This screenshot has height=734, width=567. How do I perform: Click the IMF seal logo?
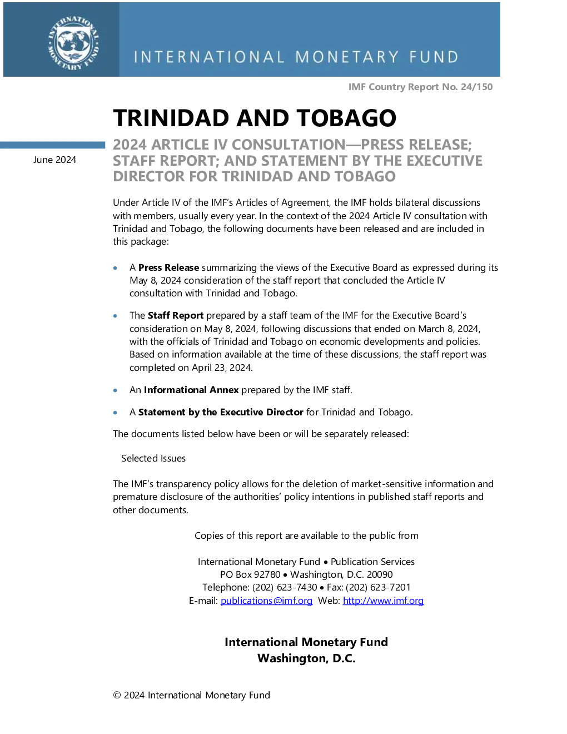click(x=73, y=43)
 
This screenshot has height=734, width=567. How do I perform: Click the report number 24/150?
click(x=476, y=87)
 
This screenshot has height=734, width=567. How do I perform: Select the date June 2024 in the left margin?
click(x=54, y=160)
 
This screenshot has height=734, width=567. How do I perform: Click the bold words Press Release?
click(x=168, y=267)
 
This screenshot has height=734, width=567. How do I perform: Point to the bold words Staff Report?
click(x=176, y=315)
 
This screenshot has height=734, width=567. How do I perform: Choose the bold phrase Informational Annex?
click(x=191, y=390)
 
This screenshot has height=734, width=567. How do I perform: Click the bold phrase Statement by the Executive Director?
click(x=221, y=412)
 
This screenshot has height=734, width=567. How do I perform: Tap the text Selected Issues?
click(x=153, y=458)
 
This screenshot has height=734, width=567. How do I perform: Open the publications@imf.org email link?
click(x=266, y=601)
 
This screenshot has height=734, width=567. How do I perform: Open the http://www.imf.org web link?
click(x=384, y=601)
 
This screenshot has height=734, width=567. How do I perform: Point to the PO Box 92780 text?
click(x=250, y=574)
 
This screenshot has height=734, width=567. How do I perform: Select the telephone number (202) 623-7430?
click(x=285, y=587)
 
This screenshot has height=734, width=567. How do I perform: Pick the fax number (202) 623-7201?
click(x=378, y=587)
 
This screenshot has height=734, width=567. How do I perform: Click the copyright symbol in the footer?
click(x=117, y=695)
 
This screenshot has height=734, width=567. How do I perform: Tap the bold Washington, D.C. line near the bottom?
click(x=306, y=658)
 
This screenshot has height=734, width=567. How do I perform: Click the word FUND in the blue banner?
click(x=434, y=57)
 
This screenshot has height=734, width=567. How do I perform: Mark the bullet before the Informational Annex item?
click(x=116, y=390)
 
